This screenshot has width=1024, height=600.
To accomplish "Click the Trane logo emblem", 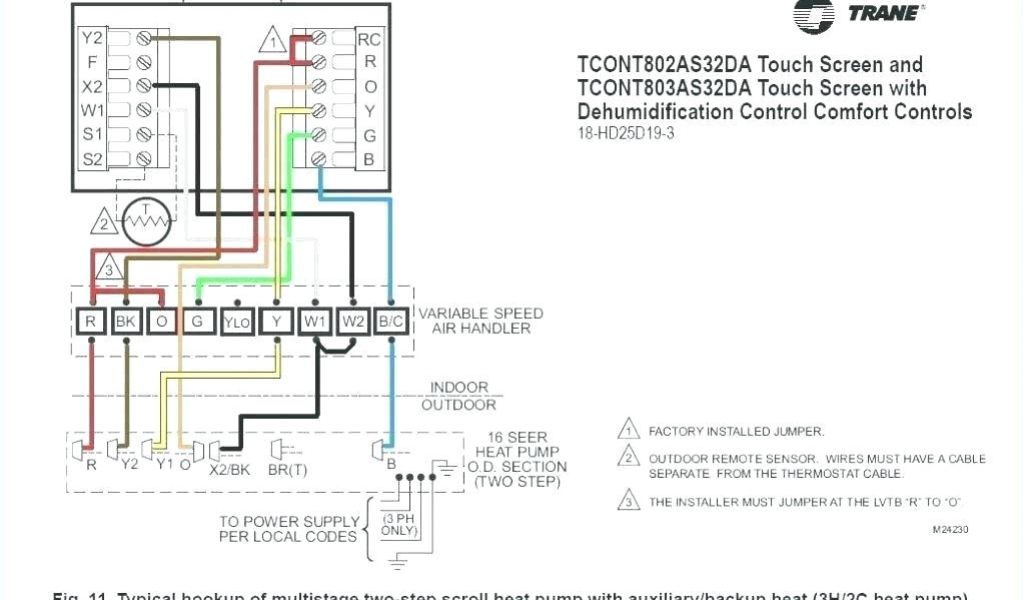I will pos(813,16).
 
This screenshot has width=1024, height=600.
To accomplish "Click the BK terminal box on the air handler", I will pos(126,321).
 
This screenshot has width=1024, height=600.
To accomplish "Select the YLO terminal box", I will pos(236,321).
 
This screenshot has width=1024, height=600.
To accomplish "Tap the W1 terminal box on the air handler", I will pos(314,321).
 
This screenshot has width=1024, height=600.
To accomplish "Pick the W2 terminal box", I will pos(353,321).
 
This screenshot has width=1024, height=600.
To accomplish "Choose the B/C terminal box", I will pos(391,321).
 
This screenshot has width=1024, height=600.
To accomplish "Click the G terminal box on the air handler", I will pos(198,321).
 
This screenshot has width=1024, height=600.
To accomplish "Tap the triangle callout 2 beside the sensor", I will pos(105,222).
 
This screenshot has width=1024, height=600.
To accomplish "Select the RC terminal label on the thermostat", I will pos(369,40).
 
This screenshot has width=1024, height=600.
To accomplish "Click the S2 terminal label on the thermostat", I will pos(92,158).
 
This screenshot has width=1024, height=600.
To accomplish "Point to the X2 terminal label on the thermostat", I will pos(92,86).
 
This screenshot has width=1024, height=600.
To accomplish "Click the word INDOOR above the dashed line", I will pos(459,387).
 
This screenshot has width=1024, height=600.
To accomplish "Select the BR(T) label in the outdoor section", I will pos(288,465).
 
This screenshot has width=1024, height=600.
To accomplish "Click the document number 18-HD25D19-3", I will pos(626,133).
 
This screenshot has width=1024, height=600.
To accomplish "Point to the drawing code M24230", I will pos(950,529).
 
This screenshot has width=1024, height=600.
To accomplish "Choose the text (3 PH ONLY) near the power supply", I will pos(400,523).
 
